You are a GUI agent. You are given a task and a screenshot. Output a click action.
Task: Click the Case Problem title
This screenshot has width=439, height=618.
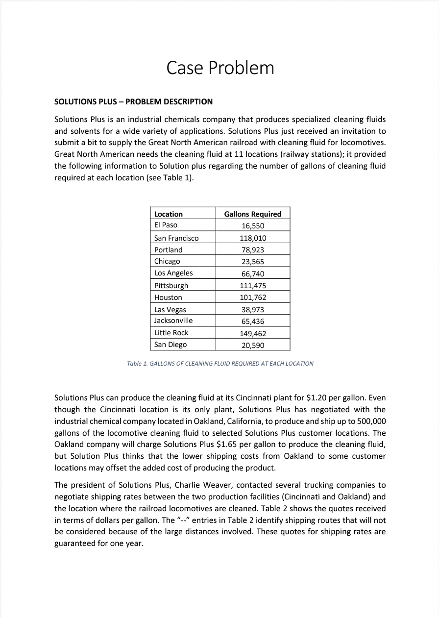point(220,68)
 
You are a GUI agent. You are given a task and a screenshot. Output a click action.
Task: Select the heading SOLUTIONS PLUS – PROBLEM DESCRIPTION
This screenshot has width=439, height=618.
point(133,102)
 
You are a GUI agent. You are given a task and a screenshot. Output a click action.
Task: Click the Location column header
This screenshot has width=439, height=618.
point(169,214)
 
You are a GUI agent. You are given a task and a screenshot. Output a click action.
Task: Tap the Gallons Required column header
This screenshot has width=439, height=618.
point(252,214)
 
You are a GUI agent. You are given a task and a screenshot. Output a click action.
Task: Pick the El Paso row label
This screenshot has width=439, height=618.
point(166,225)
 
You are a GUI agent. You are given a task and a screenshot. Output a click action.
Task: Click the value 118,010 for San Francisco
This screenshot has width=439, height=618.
point(252,238)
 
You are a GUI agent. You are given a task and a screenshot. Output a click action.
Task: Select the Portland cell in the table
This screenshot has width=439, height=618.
point(168,250)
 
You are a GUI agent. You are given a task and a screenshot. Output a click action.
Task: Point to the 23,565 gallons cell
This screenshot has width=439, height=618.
point(252,261)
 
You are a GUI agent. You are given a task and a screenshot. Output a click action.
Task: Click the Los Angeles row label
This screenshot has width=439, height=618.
point(173,273)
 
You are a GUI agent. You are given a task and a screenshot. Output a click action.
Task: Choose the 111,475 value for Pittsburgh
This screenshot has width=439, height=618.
point(252,285)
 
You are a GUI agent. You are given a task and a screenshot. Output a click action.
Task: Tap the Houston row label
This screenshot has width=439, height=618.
point(168,297)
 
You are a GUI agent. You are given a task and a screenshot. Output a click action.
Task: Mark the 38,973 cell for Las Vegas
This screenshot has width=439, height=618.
point(252,309)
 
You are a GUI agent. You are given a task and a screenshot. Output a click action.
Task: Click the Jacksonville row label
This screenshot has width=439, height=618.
point(173,321)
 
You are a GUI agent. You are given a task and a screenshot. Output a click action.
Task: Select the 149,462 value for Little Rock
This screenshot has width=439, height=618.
point(252,333)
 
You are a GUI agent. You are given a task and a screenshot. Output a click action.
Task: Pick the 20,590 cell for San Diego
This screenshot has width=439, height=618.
point(252,345)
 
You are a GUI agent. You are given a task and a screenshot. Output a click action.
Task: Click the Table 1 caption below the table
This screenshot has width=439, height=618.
point(220,364)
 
